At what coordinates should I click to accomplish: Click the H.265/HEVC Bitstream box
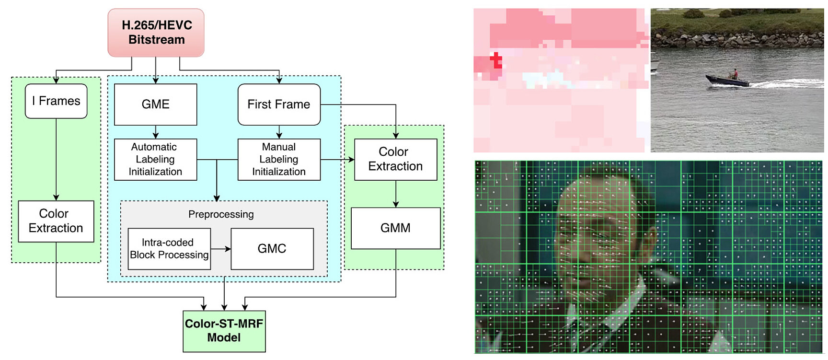(156, 33)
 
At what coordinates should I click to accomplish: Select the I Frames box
(56, 101)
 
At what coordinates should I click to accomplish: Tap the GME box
(156, 105)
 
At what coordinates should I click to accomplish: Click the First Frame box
(279, 105)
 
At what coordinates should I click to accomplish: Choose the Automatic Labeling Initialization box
(156, 160)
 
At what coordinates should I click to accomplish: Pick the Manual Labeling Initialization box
(279, 160)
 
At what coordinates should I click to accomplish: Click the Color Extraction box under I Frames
(56, 221)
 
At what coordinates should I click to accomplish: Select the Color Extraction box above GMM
(395, 159)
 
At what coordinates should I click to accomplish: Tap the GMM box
(395, 228)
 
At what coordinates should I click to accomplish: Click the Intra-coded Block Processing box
(169, 249)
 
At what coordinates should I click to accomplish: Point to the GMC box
(272, 249)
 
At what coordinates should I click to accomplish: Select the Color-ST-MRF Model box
(224, 331)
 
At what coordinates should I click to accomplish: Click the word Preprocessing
(221, 214)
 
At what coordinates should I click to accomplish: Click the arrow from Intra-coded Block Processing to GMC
(221, 249)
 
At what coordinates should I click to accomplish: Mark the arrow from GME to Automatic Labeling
(156, 132)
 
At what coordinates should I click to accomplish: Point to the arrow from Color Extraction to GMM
(396, 194)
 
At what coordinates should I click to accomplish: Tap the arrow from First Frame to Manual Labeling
(279, 132)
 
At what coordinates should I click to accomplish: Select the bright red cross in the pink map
(496, 60)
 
